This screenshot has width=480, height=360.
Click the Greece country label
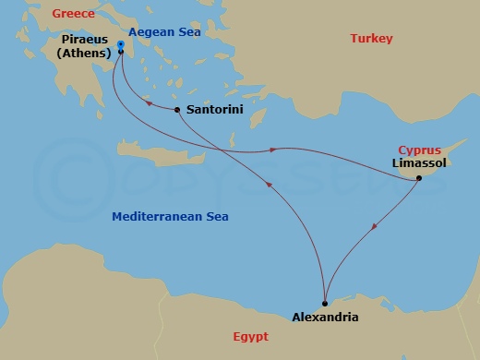75,13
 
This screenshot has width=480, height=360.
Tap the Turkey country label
372,38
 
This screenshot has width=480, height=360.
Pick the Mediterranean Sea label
170,217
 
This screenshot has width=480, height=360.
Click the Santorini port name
215,109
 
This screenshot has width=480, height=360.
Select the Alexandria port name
325,318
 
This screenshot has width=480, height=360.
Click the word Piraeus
87,41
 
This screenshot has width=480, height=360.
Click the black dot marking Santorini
176,110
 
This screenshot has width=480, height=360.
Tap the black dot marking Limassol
419,176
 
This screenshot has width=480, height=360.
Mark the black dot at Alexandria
325,303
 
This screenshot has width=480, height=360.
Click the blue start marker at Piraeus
121,43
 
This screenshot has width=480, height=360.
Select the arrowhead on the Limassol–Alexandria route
372,227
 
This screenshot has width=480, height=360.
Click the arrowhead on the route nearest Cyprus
274,150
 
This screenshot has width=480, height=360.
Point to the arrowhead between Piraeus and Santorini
147,103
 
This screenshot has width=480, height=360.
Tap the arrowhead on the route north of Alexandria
269,185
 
